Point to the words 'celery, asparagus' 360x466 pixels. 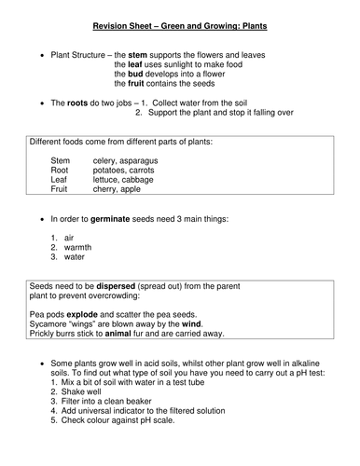126,161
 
